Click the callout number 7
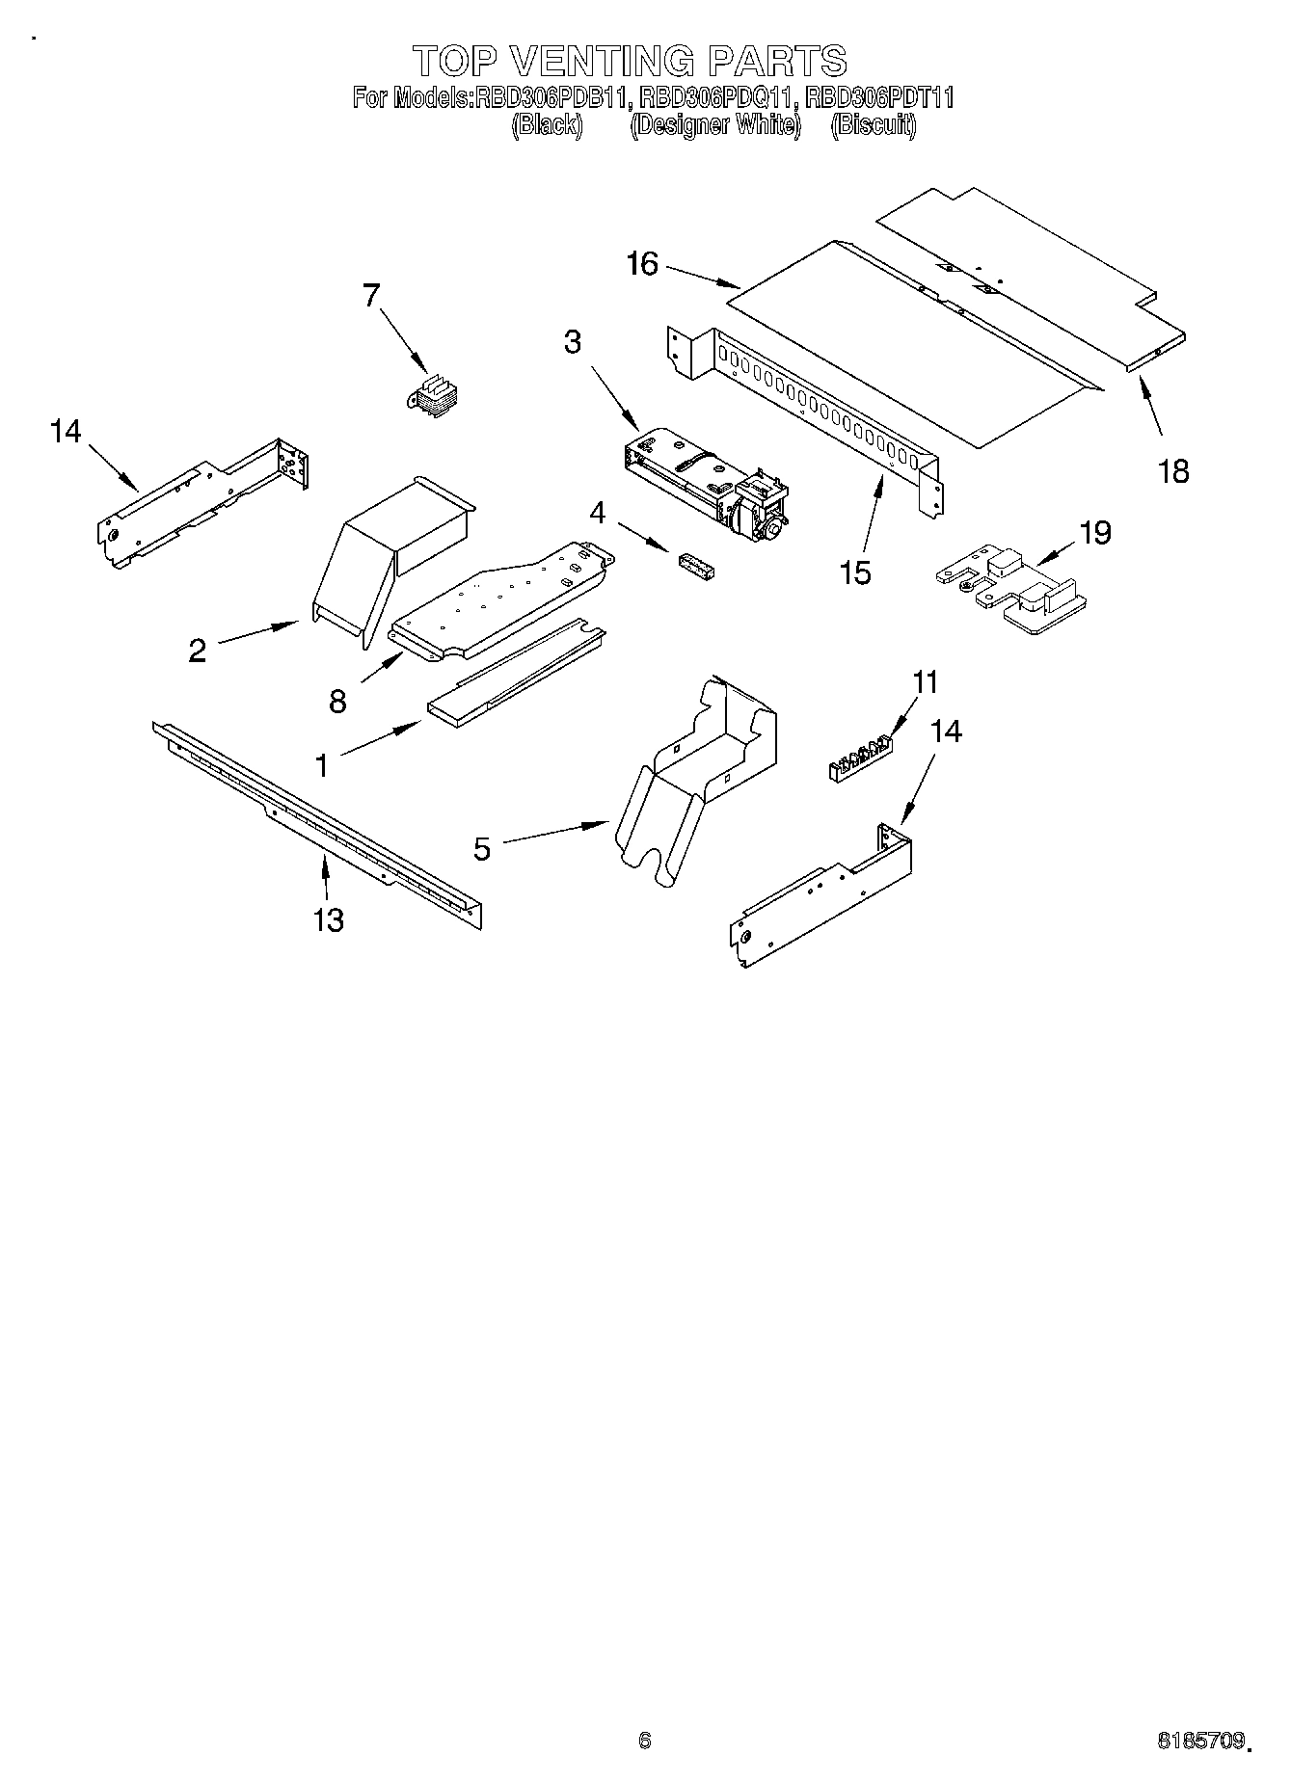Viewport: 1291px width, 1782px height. point(372,296)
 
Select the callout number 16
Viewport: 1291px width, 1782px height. point(641,263)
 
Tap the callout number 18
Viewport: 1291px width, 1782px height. point(1173,471)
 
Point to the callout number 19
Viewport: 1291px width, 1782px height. point(1095,532)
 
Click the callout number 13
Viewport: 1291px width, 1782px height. point(328,919)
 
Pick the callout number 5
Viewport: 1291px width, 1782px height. point(482,848)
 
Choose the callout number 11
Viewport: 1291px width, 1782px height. point(925,682)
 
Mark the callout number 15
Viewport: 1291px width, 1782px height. point(855,572)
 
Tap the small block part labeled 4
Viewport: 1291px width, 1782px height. point(695,565)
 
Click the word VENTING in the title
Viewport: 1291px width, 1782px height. point(601,61)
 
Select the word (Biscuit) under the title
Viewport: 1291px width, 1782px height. point(874,125)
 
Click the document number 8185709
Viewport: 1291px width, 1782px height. point(1199,1742)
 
